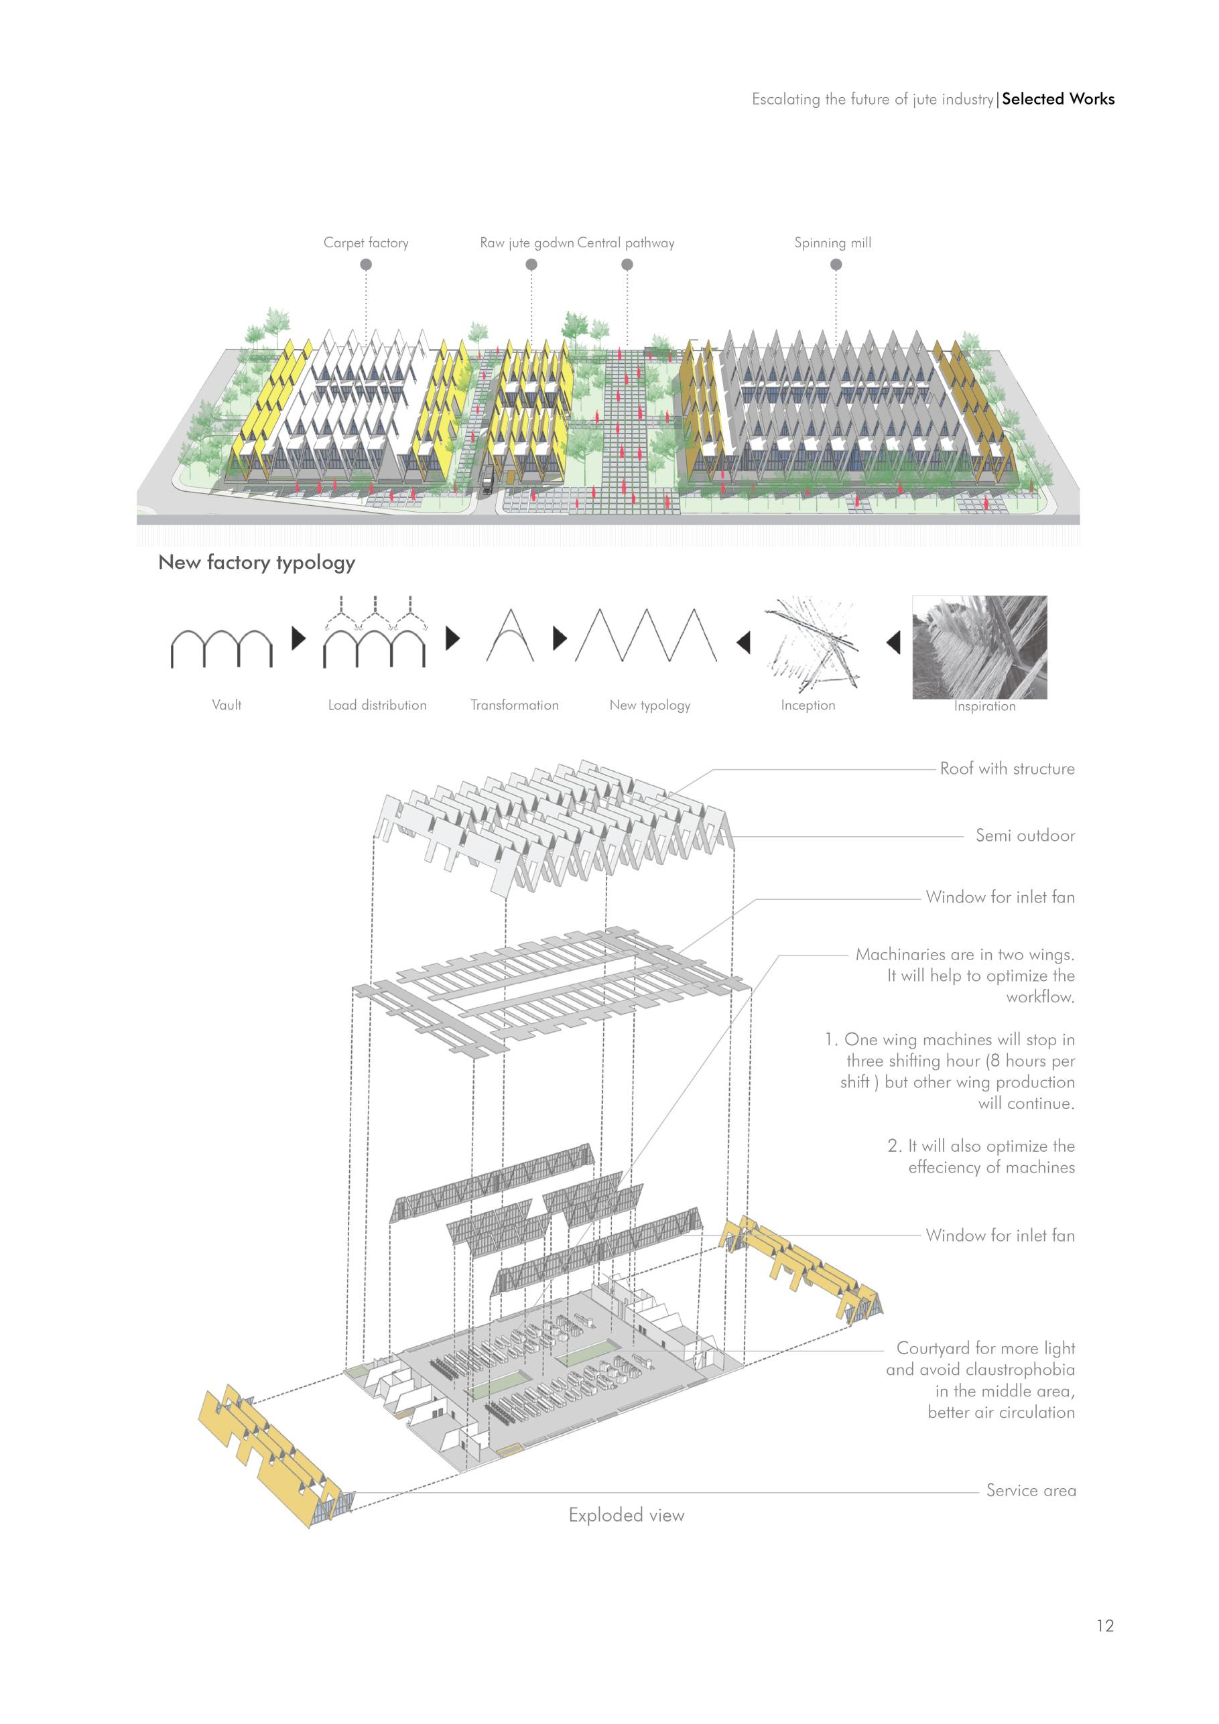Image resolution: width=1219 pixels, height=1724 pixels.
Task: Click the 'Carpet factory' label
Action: (366, 243)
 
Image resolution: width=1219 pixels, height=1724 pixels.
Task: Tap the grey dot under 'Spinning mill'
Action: (836, 264)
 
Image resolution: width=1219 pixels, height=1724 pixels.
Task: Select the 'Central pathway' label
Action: (626, 243)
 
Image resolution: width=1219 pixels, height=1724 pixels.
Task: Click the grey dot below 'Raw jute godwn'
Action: (531, 264)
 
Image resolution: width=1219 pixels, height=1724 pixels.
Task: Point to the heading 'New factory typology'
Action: (256, 562)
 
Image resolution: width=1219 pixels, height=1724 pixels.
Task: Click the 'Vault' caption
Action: (226, 705)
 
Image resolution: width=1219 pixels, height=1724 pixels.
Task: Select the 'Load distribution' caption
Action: (377, 705)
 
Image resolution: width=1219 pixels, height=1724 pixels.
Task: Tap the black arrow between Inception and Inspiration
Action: (893, 643)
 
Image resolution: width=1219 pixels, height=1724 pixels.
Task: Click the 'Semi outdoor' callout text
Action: (1025, 836)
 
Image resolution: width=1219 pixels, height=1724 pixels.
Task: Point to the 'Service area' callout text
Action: (1031, 1490)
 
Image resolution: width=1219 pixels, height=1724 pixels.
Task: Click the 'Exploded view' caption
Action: (627, 1515)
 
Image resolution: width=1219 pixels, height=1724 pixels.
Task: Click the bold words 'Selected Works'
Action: (1057, 99)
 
